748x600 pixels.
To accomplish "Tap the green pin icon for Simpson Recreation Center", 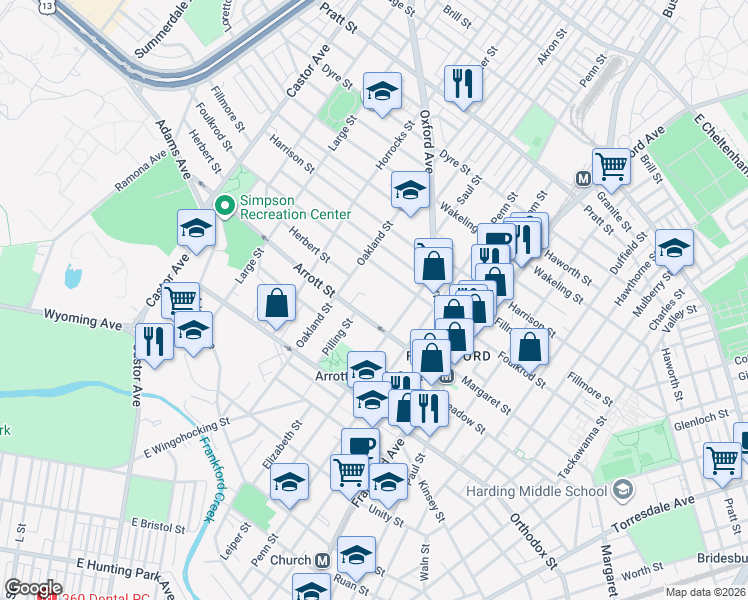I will pos(224,206).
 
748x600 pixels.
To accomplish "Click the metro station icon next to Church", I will pos(322,561).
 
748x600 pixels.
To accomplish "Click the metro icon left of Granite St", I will pos(582,178).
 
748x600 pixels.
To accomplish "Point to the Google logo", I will pos(33,587).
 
